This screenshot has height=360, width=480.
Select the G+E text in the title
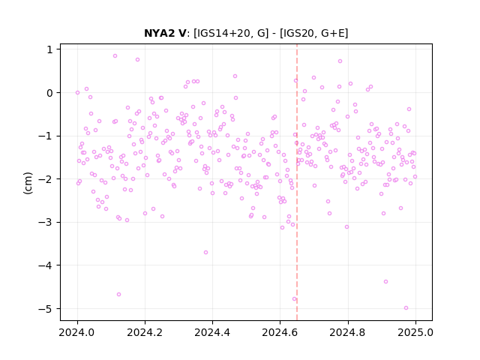click(x=332, y=33)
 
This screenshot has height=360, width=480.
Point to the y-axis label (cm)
click(x=28, y=183)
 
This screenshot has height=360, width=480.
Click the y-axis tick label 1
click(x=50, y=49)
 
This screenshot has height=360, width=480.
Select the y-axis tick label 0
click(x=50, y=93)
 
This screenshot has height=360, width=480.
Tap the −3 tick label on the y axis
click(x=46, y=222)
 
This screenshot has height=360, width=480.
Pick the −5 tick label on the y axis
click(x=46, y=308)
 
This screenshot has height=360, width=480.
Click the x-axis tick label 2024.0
click(x=77, y=332)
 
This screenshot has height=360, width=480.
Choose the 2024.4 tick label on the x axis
click(x=212, y=332)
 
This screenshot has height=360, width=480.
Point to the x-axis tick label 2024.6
click(x=280, y=332)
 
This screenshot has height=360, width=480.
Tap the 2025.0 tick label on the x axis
click(x=415, y=332)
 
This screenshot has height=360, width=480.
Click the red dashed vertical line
click(x=297, y=182)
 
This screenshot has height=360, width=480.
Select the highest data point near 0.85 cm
click(x=115, y=55)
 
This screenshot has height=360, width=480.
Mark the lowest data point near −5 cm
click(x=406, y=308)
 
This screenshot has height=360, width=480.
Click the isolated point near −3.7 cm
click(x=205, y=252)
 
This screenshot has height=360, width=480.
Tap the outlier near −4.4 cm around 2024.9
click(x=385, y=282)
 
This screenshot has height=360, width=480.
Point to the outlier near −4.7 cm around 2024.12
click(x=118, y=295)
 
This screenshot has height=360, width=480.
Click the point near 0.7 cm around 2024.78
click(x=340, y=61)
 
